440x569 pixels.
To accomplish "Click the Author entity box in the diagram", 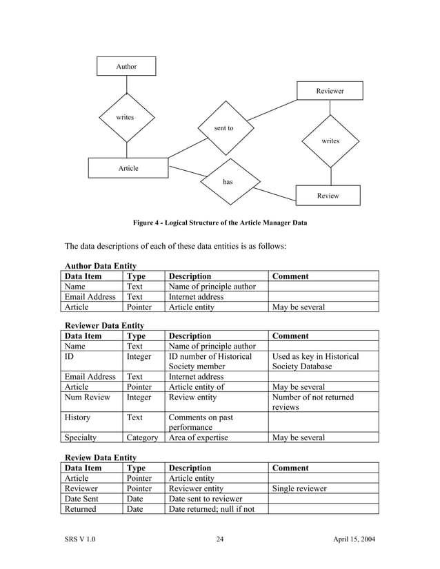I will point(126,66).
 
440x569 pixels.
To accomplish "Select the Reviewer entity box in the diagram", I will point(330,91).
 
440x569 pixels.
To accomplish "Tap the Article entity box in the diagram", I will point(128,168).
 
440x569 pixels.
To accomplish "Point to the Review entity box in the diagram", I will point(328,196).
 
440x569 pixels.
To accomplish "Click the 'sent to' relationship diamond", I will point(224,128).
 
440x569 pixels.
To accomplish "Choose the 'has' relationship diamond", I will point(228,182).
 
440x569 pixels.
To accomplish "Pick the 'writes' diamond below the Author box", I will point(126,118).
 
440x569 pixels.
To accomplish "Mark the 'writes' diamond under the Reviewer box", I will point(330,141).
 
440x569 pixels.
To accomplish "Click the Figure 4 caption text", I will point(220,223).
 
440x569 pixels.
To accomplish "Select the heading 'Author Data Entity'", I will point(100,266).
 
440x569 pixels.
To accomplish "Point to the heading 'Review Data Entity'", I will point(100,457).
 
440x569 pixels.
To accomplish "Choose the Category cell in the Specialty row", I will point(143,437).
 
